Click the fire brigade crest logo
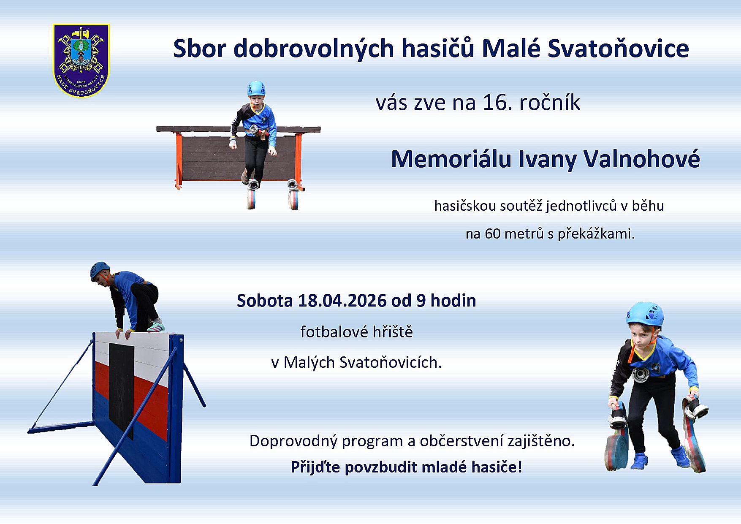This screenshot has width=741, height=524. [x=81, y=60]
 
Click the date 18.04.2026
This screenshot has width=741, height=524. [x=342, y=301]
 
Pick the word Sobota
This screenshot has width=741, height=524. [x=264, y=301]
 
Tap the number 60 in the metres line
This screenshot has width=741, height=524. [x=493, y=233]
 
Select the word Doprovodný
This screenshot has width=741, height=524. [x=293, y=441]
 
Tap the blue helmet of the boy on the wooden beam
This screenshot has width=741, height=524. [x=256, y=89]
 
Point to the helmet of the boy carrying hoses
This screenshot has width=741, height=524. [x=645, y=314]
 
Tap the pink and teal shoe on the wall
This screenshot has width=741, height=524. [x=156, y=326]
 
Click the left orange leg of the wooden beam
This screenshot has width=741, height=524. [x=179, y=161]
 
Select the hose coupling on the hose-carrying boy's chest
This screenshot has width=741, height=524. [x=641, y=374]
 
